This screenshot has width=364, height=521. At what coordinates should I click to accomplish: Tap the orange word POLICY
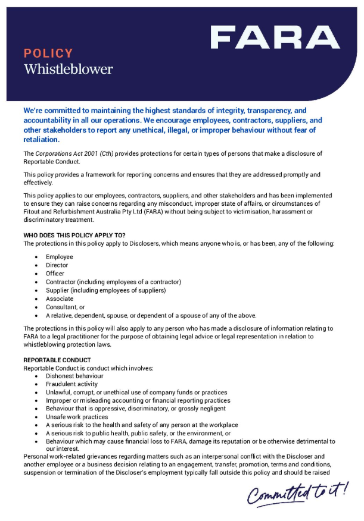[x=48, y=54]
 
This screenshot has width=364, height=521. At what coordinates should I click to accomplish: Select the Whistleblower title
[x=68, y=69]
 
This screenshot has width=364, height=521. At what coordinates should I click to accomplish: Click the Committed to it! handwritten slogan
[x=298, y=491]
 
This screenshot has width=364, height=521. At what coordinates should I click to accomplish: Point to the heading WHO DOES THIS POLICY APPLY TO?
[x=74, y=235]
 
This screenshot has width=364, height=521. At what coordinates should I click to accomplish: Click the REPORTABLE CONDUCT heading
[x=57, y=360]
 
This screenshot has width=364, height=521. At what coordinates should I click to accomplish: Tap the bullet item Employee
[x=60, y=257]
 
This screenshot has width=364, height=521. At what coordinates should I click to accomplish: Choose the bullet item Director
[x=57, y=265]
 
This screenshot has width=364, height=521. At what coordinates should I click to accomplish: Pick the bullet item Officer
[x=55, y=274]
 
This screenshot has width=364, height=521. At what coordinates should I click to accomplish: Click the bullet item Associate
[x=60, y=299]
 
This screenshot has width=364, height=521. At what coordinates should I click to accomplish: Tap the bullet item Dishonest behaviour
[x=74, y=376]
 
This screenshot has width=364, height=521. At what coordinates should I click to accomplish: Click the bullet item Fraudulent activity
[x=73, y=384]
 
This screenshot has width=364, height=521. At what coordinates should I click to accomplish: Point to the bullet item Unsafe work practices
[x=75, y=417]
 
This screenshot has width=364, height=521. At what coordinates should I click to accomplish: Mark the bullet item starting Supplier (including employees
[x=105, y=290]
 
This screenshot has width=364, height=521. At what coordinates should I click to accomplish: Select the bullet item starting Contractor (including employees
[x=113, y=282]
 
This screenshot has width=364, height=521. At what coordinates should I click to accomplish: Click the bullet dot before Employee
[x=38, y=257]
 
